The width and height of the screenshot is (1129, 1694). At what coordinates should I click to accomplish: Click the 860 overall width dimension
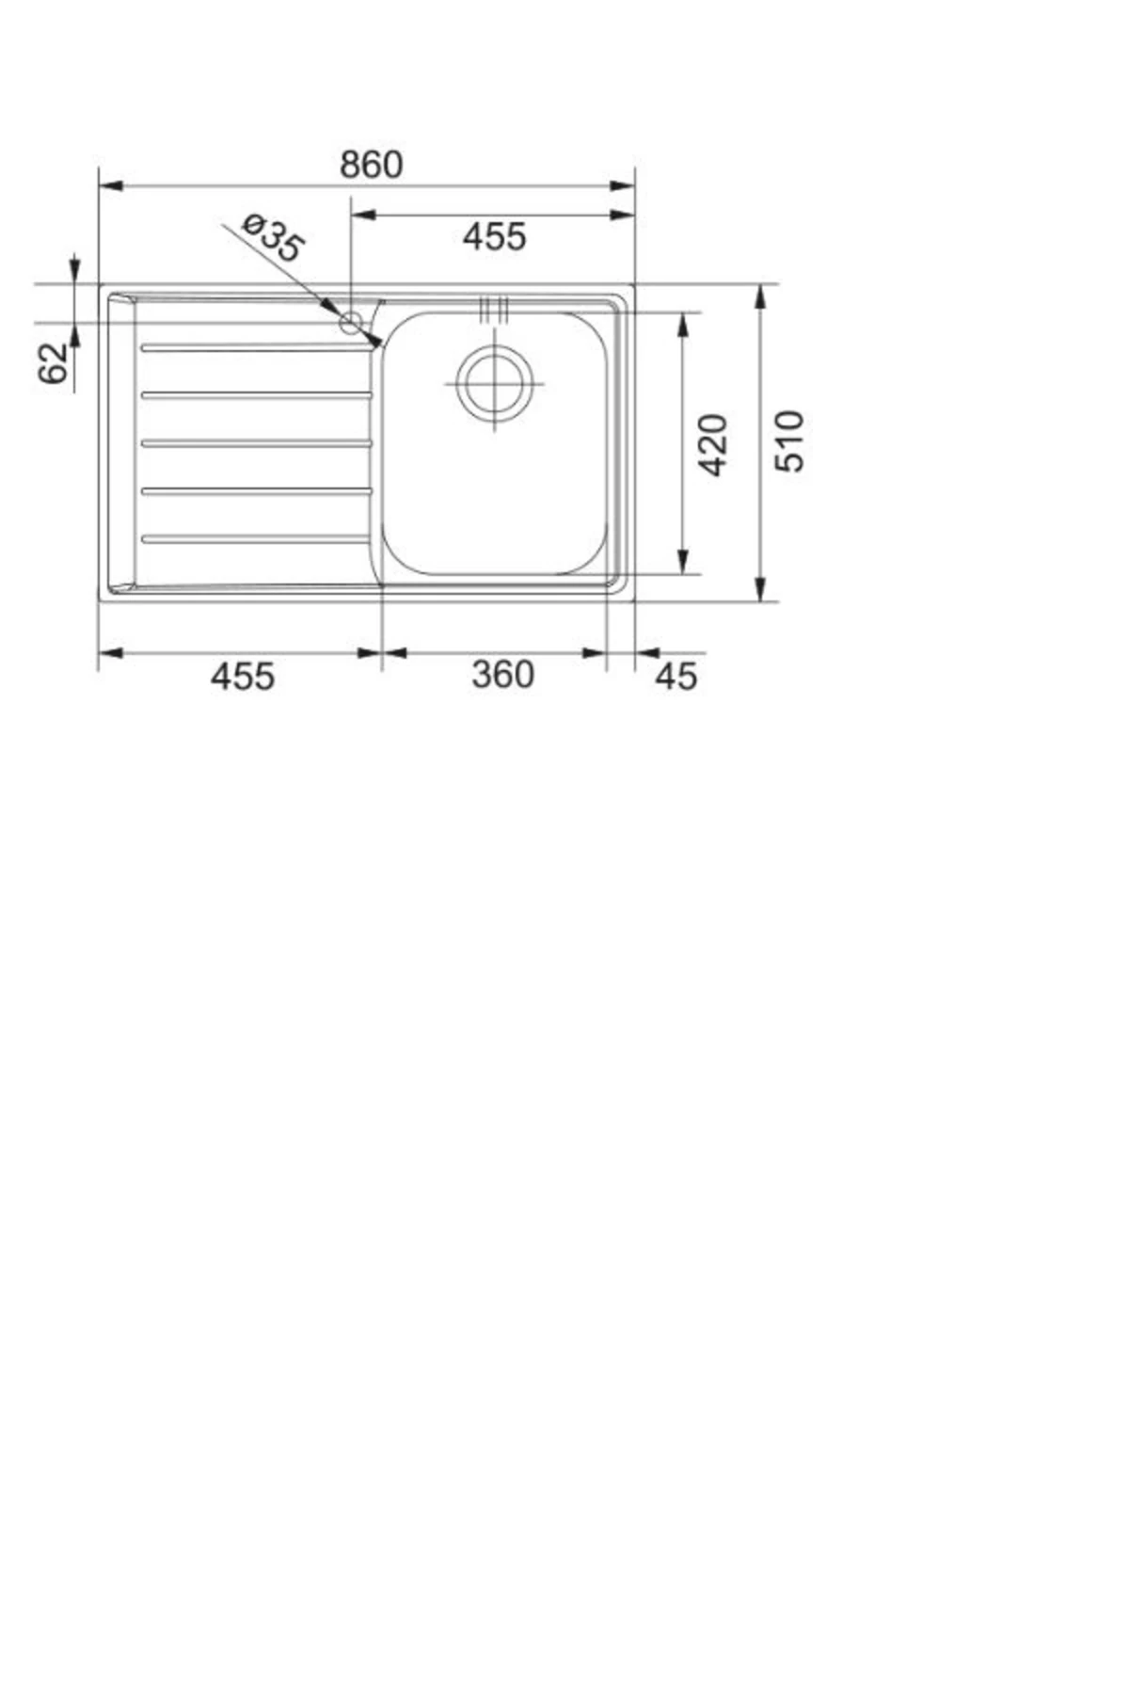(x=371, y=165)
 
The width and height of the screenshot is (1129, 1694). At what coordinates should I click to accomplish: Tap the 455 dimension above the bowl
(x=494, y=236)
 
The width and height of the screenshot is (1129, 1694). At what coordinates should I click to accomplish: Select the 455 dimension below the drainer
(x=242, y=676)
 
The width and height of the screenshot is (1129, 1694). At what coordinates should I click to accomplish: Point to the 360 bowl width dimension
(x=502, y=675)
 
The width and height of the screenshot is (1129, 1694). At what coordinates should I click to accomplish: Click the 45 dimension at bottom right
(x=676, y=676)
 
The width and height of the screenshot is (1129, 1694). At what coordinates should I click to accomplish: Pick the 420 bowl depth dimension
(x=715, y=444)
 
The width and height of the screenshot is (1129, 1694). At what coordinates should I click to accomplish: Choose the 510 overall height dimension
(x=789, y=440)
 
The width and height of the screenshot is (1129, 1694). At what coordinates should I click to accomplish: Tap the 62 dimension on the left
(x=54, y=363)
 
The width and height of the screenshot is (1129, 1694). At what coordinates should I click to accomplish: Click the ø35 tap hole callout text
(x=273, y=237)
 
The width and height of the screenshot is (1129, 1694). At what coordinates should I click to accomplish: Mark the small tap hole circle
(x=351, y=323)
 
